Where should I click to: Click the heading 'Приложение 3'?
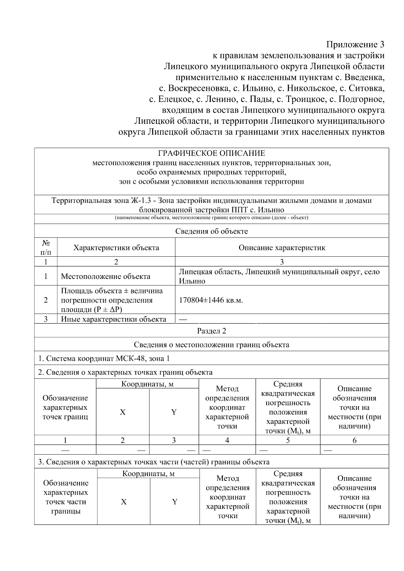point(355,44)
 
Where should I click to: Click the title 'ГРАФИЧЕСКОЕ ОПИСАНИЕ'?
point(211,153)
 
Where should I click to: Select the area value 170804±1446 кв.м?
point(211,300)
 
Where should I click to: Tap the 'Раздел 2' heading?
point(211,331)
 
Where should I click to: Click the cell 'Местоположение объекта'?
point(106,277)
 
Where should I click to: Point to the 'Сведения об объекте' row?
point(211,231)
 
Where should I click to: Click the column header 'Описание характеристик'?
point(282,248)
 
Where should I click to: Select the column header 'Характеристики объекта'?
point(116,248)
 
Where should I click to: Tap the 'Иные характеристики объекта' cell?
point(113,319)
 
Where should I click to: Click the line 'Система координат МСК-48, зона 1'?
point(104,358)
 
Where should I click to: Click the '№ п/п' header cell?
point(46,247)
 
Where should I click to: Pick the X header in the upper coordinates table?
point(123,412)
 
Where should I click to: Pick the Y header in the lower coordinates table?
point(175,502)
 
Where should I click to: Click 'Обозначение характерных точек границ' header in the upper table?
point(65,407)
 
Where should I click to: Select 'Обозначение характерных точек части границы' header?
point(66,497)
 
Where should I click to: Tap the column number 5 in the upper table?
point(288,440)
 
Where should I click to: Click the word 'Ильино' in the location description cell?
point(192,281)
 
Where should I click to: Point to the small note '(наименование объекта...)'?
point(211,218)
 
